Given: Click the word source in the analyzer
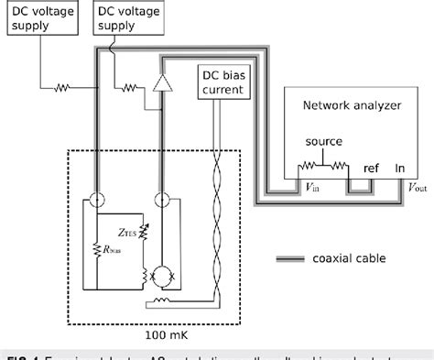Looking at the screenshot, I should (x=325, y=142).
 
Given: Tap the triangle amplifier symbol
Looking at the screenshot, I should (x=164, y=84).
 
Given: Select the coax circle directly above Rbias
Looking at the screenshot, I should (x=97, y=198).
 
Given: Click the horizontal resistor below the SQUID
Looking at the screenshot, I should (x=160, y=301).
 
